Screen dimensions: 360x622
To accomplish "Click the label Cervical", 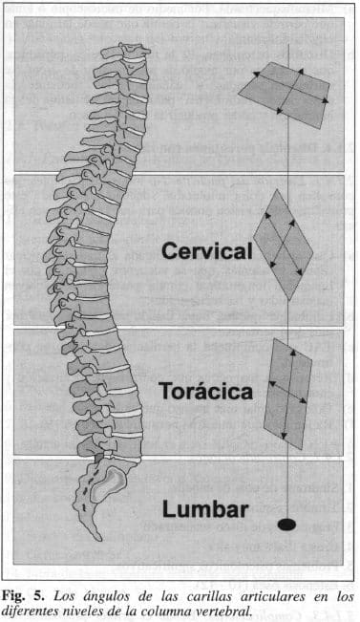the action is coord(206,251).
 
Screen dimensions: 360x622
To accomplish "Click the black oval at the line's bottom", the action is coord(286,524).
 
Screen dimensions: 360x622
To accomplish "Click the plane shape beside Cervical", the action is coord(284,246).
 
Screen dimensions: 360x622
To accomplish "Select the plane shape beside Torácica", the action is coord(287,394).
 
